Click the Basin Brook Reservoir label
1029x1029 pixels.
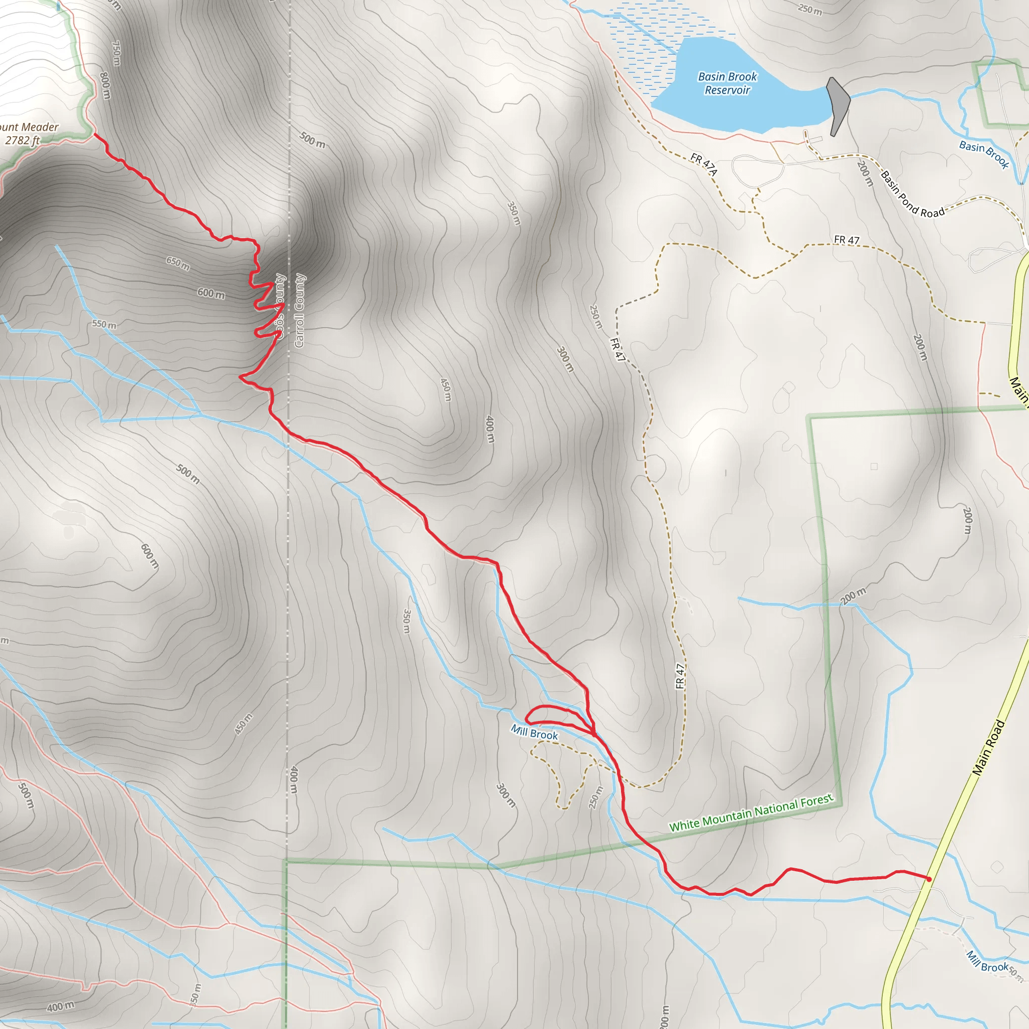[x=727, y=83]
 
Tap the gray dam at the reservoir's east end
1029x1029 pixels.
[x=837, y=106]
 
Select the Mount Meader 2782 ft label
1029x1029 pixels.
[x=27, y=134]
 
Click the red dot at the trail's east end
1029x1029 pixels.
[x=929, y=879]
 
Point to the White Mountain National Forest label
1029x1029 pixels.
[x=751, y=813]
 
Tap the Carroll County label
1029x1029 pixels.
[x=299, y=311]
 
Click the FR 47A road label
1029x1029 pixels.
[x=704, y=164]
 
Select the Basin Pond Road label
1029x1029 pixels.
[x=912, y=194]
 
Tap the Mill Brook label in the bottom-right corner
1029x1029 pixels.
[x=987, y=961]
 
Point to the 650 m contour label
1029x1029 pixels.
[x=178, y=263]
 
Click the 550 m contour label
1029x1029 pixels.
[x=104, y=324]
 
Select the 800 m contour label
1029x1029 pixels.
[x=105, y=85]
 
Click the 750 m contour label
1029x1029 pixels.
[x=116, y=53]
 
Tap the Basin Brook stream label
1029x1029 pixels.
[x=984, y=154]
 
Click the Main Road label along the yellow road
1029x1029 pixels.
[x=988, y=747]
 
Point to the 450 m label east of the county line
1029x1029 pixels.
[x=446, y=389]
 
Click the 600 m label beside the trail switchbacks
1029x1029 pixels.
[x=211, y=293]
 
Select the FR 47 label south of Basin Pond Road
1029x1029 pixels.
[x=846, y=240]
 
